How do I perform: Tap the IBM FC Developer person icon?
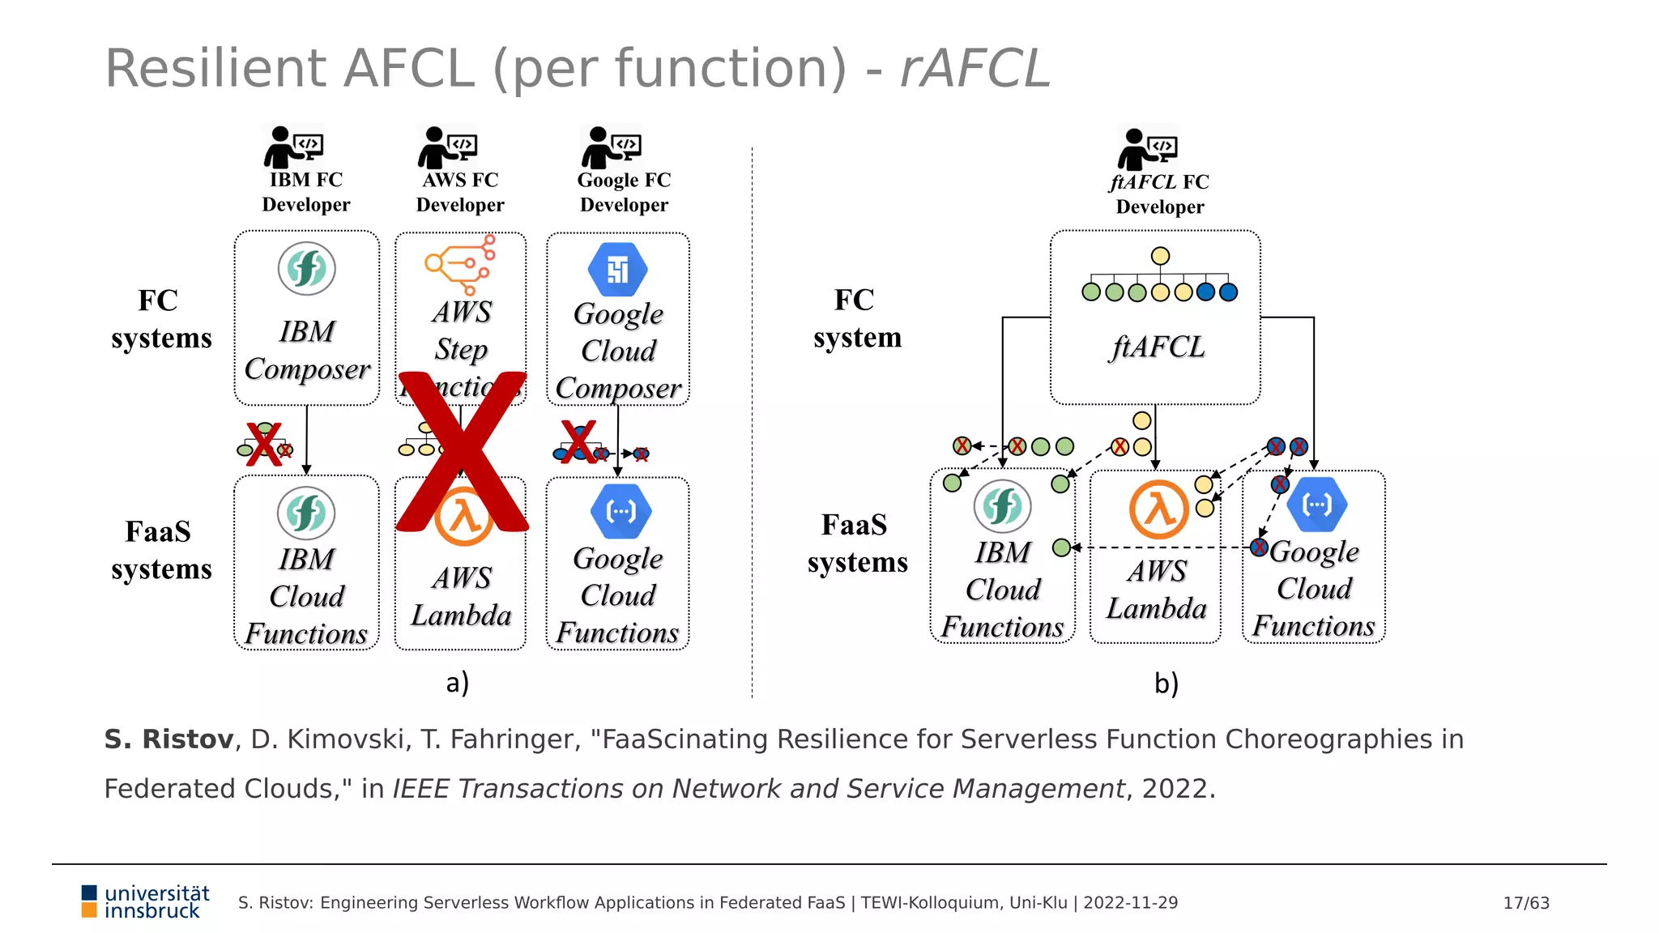coord(292,147)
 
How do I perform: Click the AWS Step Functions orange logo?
coord(460,264)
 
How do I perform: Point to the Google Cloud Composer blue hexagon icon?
coord(617,269)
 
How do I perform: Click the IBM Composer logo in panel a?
coord(306,269)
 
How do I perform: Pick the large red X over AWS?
coord(463,451)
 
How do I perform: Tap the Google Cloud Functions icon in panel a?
coord(621,511)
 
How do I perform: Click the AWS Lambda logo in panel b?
coord(1158,509)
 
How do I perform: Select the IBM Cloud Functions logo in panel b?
coord(1002,507)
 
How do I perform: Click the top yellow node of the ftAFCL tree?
coord(1160,256)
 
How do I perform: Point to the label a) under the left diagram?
coord(458,683)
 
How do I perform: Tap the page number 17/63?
coord(1526,903)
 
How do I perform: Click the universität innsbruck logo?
coord(146,902)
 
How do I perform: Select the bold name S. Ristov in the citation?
coord(168,739)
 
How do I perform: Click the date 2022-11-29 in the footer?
coord(1130,903)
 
